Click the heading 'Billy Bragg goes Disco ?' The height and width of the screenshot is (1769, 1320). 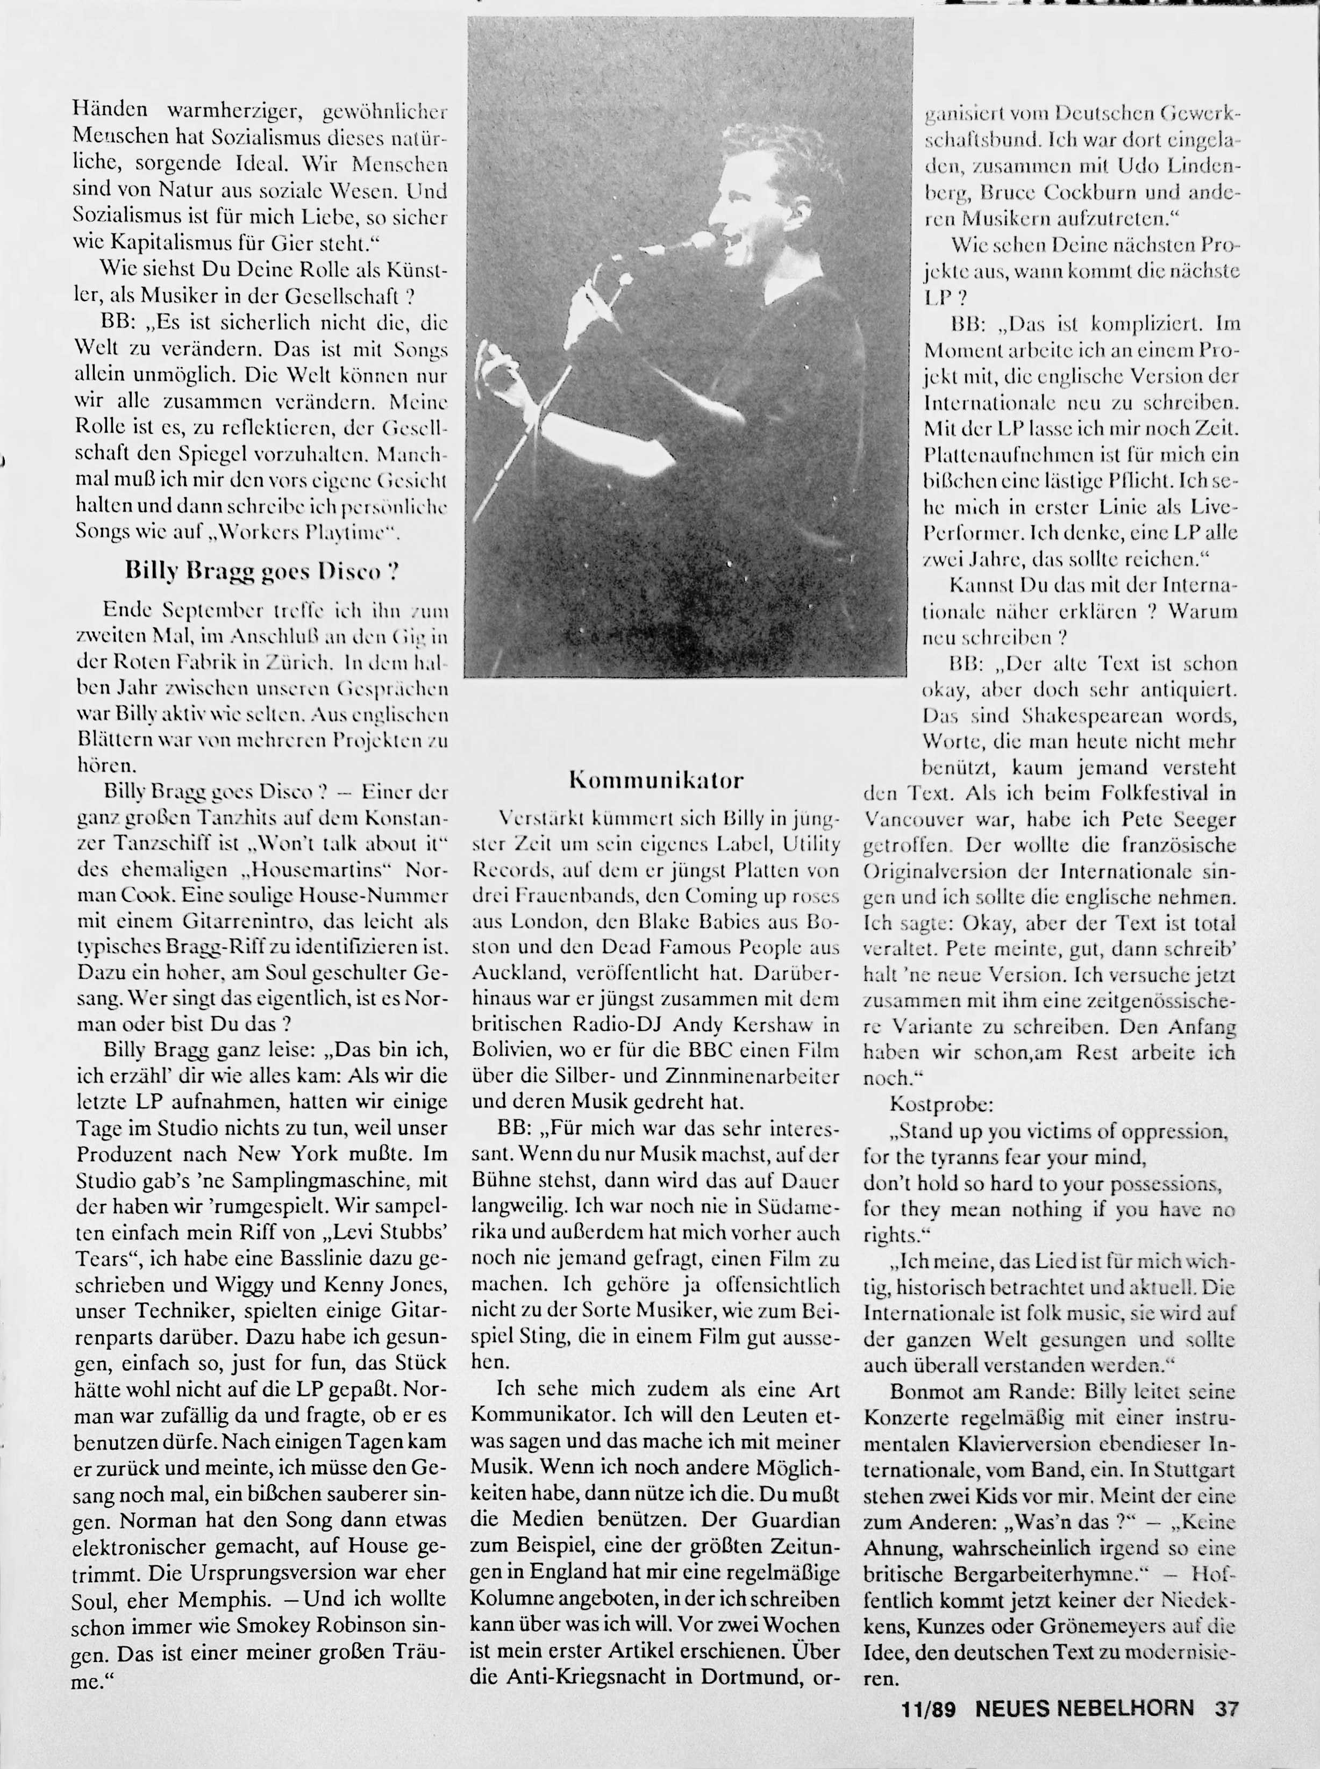(262, 571)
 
